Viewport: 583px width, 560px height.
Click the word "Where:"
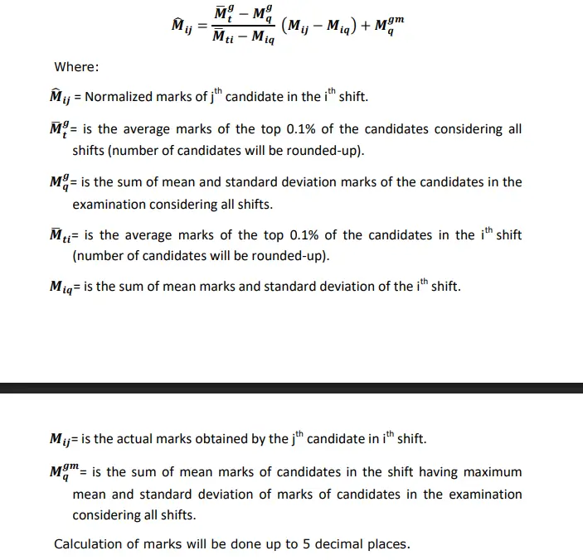point(75,66)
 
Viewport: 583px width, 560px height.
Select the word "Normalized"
point(120,97)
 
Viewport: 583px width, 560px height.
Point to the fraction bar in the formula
point(243,27)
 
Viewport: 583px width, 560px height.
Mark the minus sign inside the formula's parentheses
point(316,26)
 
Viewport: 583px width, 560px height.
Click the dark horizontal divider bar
point(291,388)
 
